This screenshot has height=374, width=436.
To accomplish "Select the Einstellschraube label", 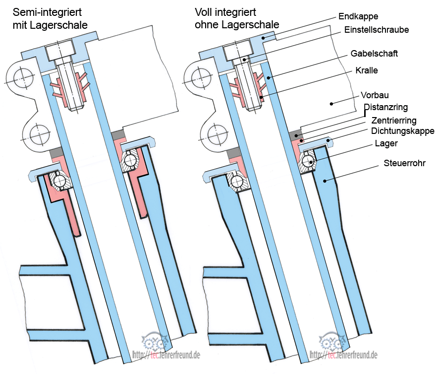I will point(377,30).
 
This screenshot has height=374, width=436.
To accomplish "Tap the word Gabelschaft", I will point(374,53).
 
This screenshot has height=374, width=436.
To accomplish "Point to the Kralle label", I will point(367,70).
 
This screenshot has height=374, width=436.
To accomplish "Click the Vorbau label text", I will point(375,95).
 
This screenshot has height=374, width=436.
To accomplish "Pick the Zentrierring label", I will point(393,121).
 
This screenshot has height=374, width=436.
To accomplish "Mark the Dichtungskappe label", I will point(402,131).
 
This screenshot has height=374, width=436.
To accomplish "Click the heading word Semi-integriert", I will point(48,11).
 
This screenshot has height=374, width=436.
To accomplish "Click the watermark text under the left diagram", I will point(165,356).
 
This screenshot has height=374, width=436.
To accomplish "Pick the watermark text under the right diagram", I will point(343,356).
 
